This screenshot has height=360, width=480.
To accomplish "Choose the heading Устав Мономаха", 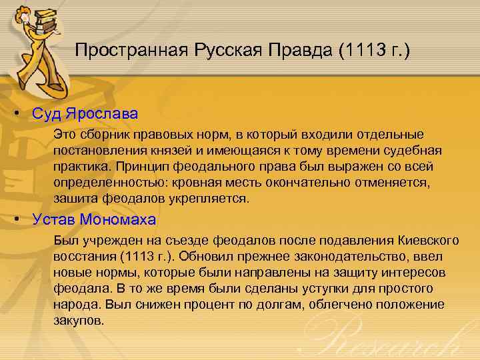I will (x=94, y=219).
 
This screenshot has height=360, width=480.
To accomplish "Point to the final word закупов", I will (x=79, y=321).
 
